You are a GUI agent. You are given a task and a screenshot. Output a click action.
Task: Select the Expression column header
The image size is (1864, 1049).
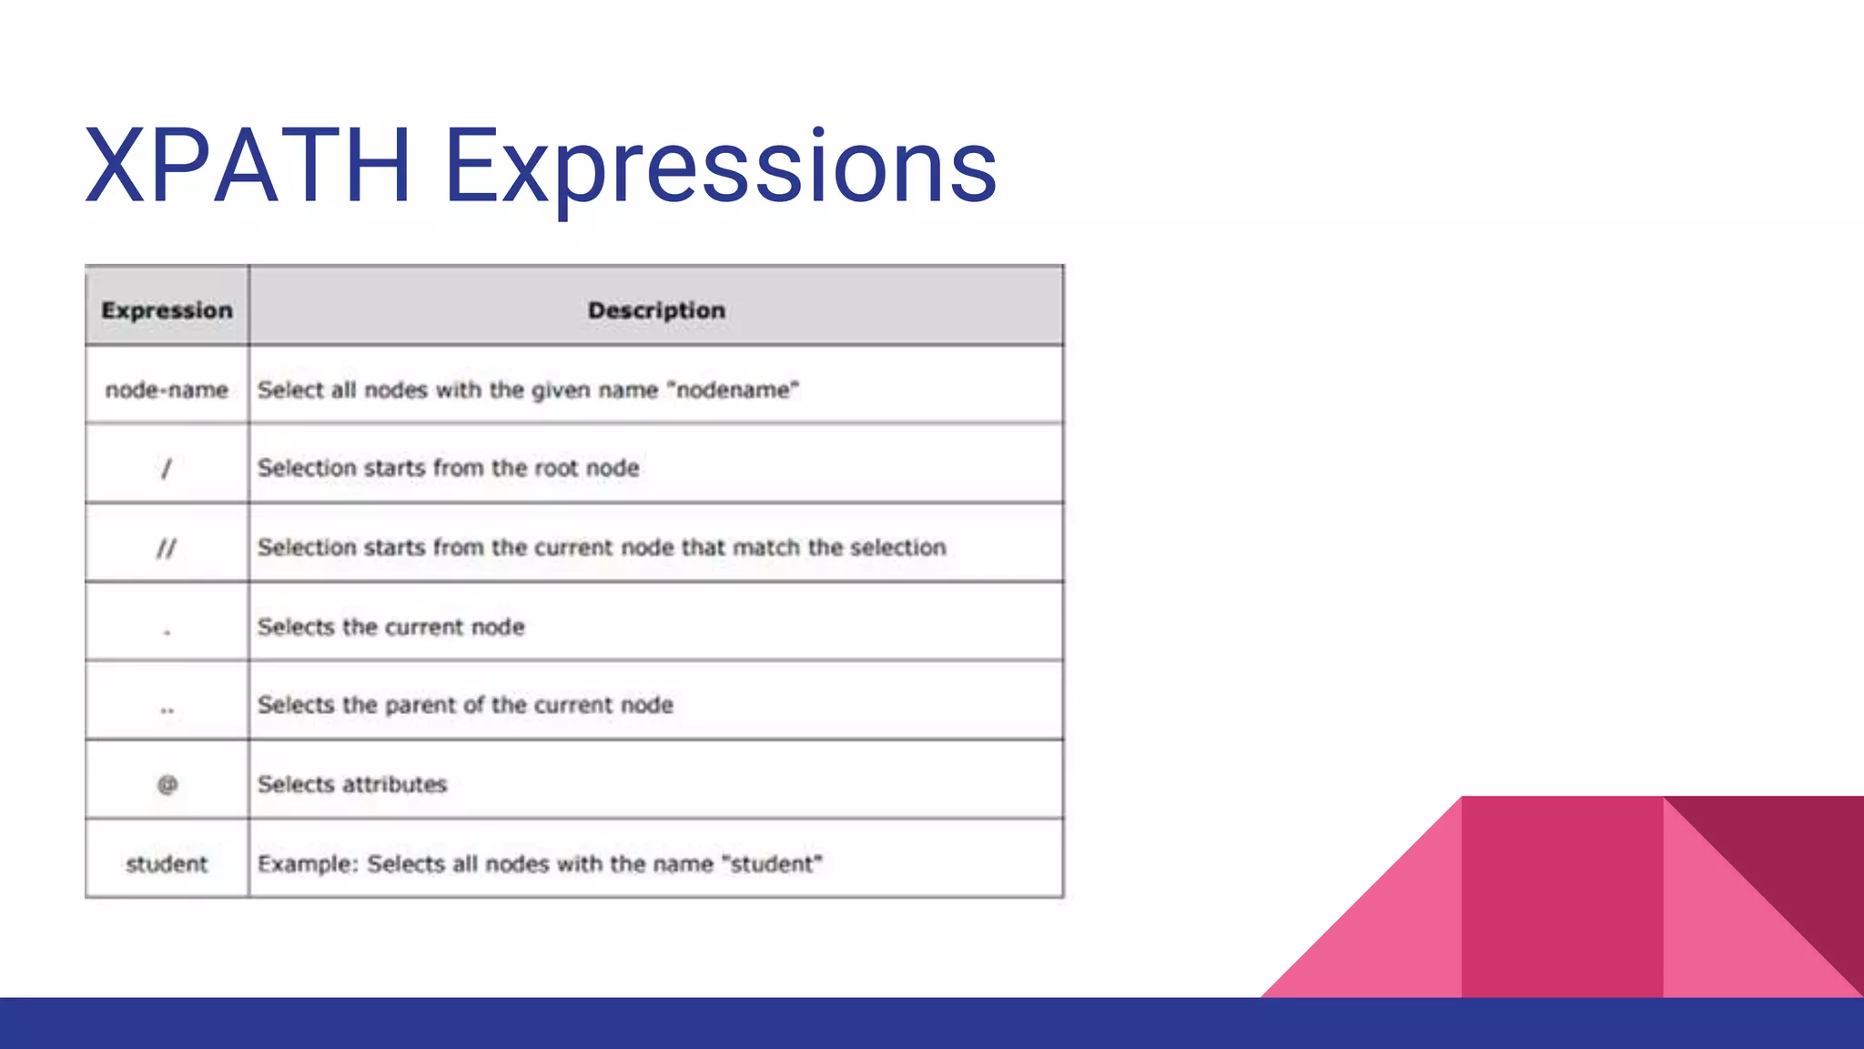point(167,311)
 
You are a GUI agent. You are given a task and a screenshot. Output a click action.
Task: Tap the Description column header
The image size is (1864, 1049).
point(656,311)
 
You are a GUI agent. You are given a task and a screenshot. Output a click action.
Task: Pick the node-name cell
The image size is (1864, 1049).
point(167,390)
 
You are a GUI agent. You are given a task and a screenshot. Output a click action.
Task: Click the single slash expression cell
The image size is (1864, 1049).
point(166,469)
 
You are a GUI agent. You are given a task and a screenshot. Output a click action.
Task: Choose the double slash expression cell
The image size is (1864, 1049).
point(166,548)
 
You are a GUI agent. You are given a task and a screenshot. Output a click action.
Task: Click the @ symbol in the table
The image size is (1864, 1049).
point(167,784)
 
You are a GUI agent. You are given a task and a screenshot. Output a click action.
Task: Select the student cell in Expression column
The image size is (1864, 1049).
point(167,864)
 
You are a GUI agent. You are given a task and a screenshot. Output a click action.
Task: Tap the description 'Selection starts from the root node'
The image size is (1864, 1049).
point(448,468)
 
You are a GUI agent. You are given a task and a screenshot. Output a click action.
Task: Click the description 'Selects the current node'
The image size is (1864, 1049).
point(390,626)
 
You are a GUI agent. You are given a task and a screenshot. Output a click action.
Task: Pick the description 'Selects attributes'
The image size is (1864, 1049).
point(352,784)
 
